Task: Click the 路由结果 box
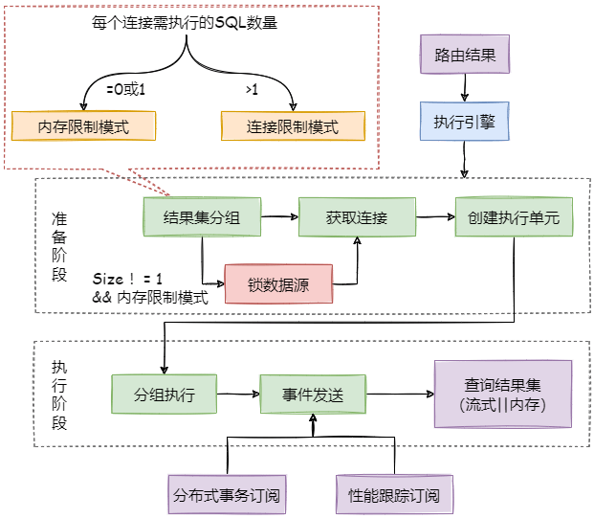(465, 56)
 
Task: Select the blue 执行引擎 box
(465, 123)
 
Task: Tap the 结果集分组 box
(201, 218)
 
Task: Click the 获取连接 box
(356, 218)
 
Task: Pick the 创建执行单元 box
(514, 218)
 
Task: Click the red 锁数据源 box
(279, 283)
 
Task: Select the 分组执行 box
(166, 394)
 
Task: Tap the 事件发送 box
(312, 394)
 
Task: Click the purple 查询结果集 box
(503, 394)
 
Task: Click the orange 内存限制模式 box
(83, 125)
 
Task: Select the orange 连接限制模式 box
(293, 125)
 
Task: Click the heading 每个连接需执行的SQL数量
(179, 21)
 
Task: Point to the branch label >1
(252, 90)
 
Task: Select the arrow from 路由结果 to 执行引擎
(465, 88)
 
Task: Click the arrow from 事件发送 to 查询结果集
(401, 394)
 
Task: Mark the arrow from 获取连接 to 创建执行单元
(435, 217)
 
